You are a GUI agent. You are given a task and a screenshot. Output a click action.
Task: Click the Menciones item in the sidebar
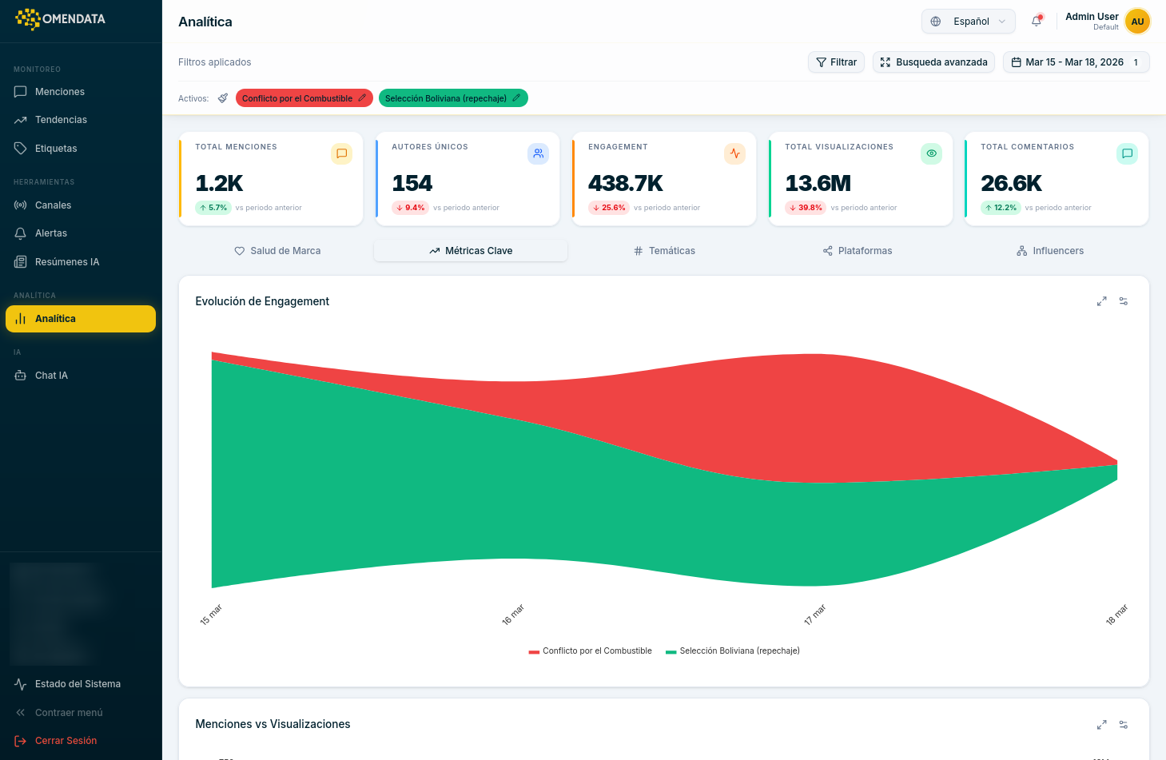(59, 92)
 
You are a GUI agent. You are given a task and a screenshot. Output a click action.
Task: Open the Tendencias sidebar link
(61, 120)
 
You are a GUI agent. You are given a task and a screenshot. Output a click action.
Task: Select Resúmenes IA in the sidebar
(66, 262)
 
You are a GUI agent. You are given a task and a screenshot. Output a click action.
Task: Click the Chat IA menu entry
(51, 376)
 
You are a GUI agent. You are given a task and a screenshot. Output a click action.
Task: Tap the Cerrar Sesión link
(65, 741)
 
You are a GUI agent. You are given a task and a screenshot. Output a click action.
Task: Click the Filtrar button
(836, 62)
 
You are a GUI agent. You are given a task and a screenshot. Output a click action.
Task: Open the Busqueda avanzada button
(933, 62)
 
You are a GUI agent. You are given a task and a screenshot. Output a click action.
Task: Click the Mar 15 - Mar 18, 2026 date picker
(1075, 62)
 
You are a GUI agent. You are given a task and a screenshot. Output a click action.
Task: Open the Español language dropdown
(968, 22)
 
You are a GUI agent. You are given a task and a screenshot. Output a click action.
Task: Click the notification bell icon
(1037, 22)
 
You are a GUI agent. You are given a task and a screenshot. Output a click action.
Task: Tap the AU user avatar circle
(1137, 22)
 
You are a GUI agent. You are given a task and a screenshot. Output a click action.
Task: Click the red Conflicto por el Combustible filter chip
(297, 98)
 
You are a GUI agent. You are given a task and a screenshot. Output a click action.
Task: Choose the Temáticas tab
(664, 251)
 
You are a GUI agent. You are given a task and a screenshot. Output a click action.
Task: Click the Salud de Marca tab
(277, 251)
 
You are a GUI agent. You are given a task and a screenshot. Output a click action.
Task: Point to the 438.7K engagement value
(626, 184)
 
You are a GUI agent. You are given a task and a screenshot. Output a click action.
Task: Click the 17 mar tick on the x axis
(814, 615)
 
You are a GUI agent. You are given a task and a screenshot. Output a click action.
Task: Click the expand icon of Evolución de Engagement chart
(1101, 301)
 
